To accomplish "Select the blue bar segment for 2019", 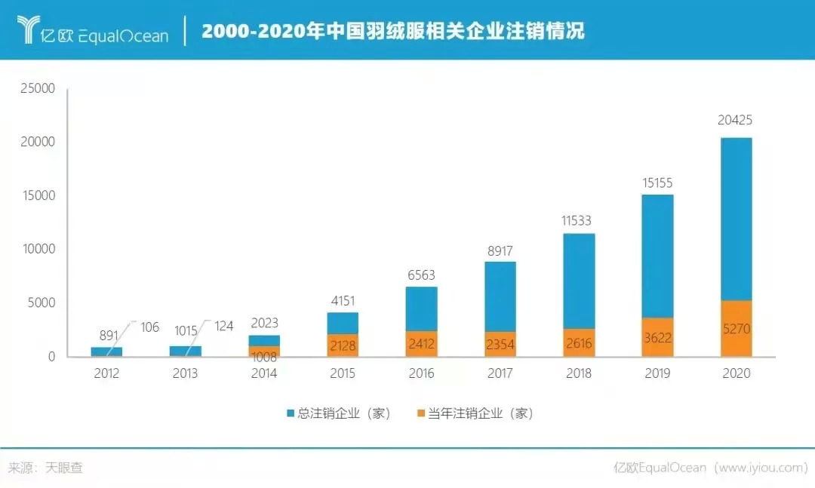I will [657, 256].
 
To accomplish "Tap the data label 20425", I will [736, 120].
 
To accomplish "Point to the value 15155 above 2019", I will [657, 183].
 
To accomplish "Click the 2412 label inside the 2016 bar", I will [421, 344].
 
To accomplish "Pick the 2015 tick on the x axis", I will [343, 373].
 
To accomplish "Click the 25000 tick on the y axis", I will [37, 88].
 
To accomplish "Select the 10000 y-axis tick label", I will [37, 249].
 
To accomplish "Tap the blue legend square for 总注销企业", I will [291, 413].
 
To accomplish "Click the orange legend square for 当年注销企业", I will [421, 413].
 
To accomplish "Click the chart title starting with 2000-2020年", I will [392, 31].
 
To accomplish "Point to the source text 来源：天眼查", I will [45, 468].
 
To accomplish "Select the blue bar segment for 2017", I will [500, 296].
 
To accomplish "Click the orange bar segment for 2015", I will [343, 345].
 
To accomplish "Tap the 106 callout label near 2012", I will [149, 327].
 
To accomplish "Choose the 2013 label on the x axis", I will [185, 373].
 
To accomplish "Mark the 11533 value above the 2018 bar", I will [578, 221].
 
